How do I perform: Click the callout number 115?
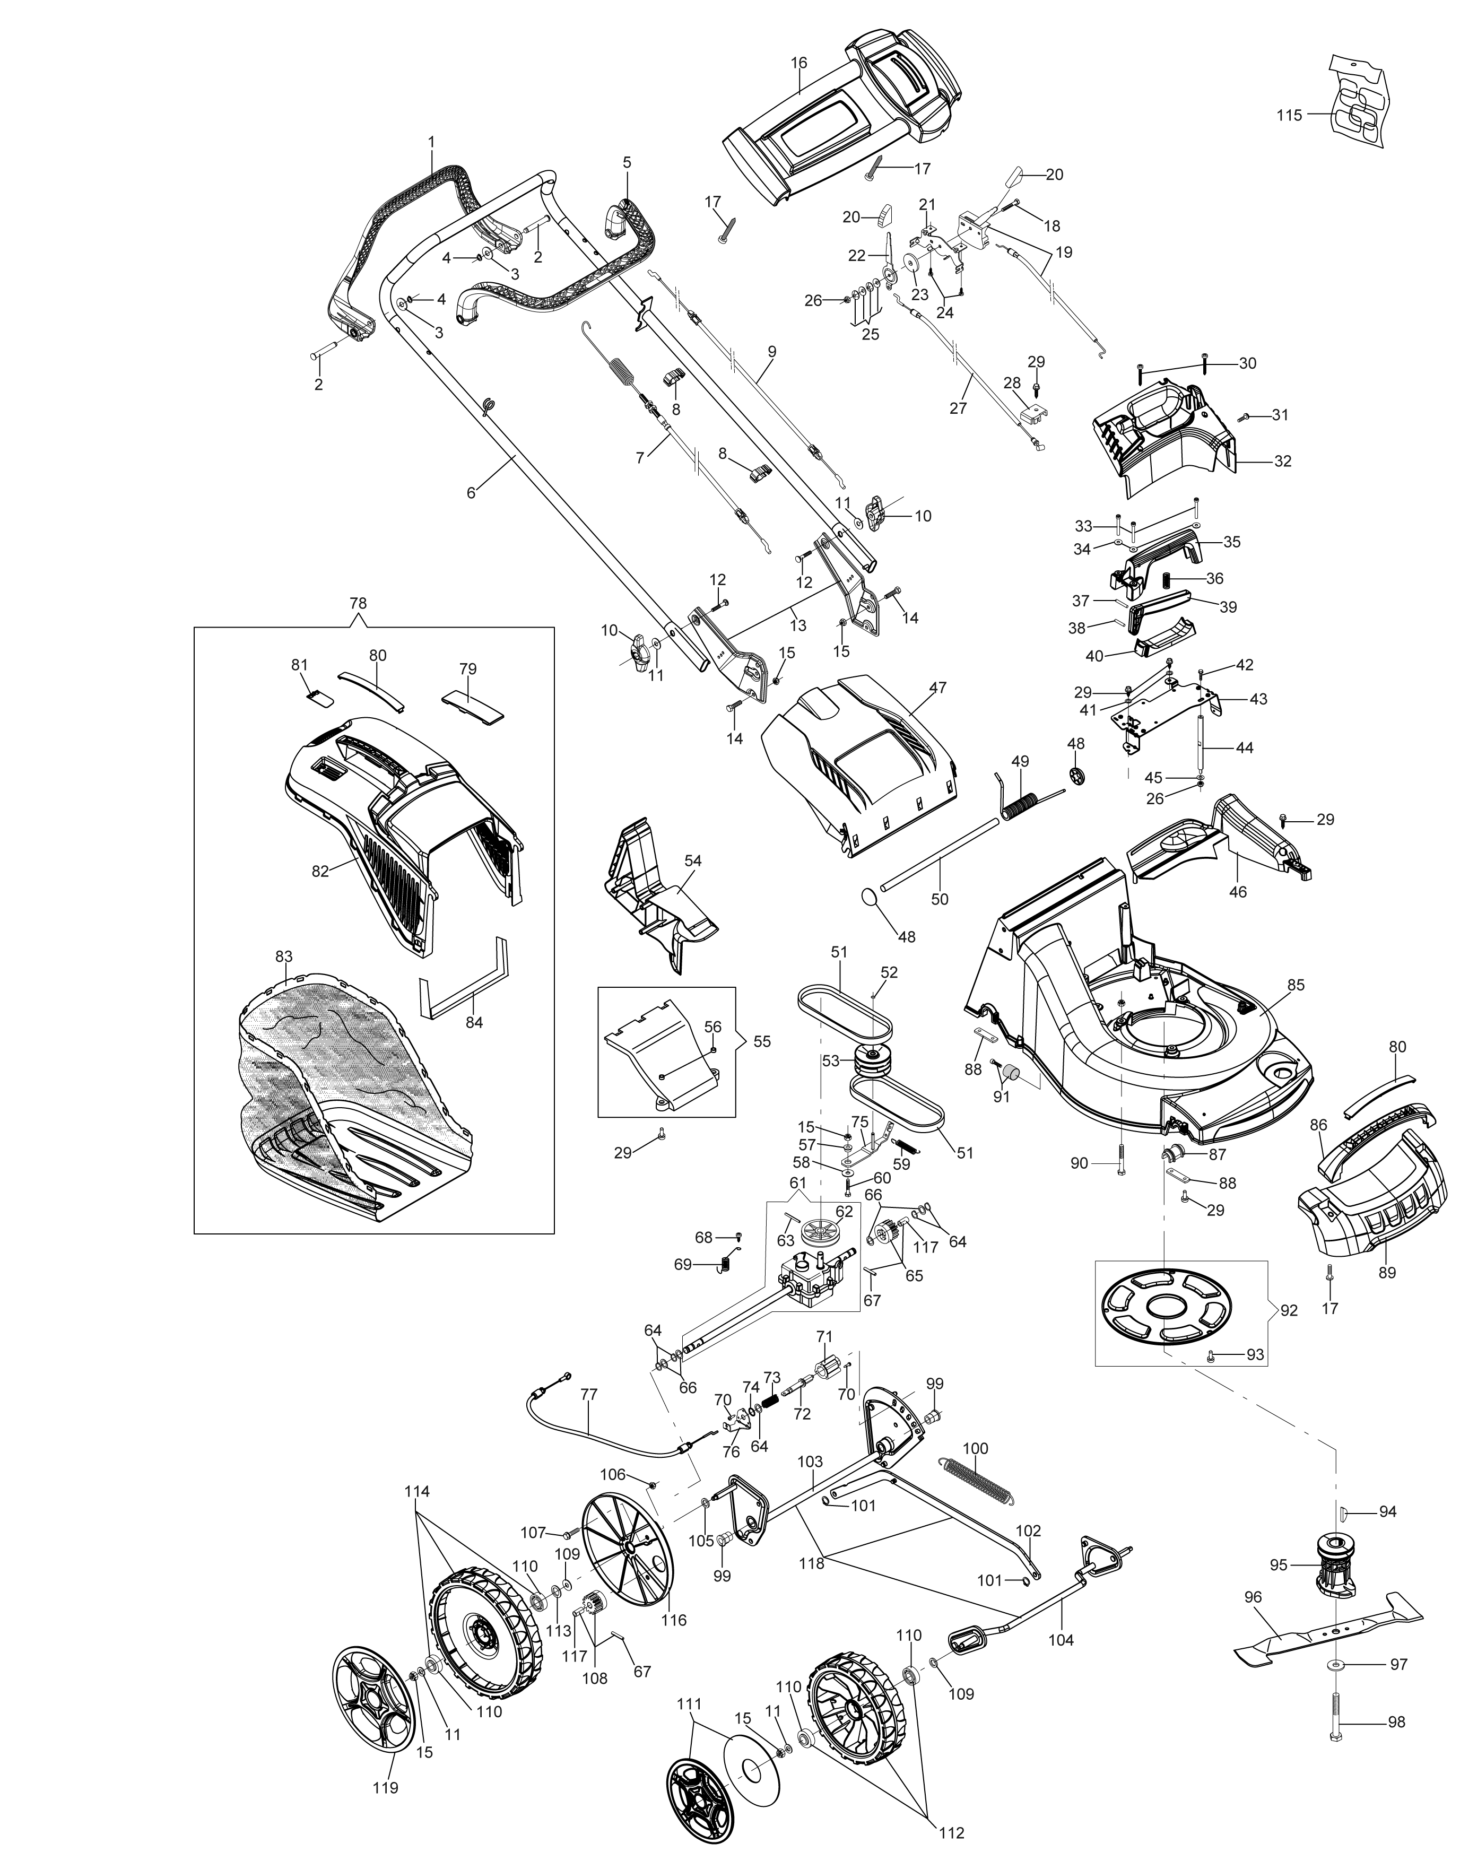point(1289,116)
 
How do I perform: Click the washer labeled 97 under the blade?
point(1339,1664)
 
